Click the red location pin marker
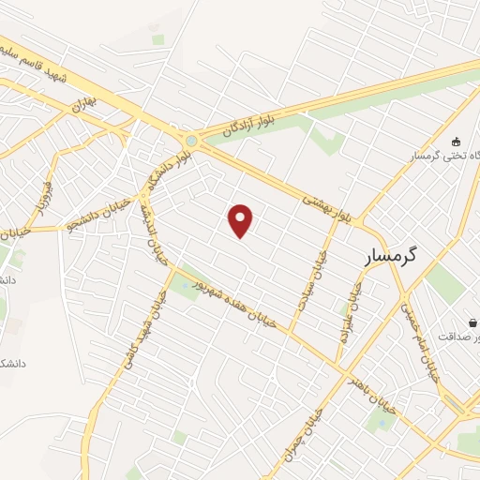(241, 221)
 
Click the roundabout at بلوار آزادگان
(192, 142)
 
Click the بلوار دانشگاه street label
(163, 170)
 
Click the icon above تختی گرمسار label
(457, 141)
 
